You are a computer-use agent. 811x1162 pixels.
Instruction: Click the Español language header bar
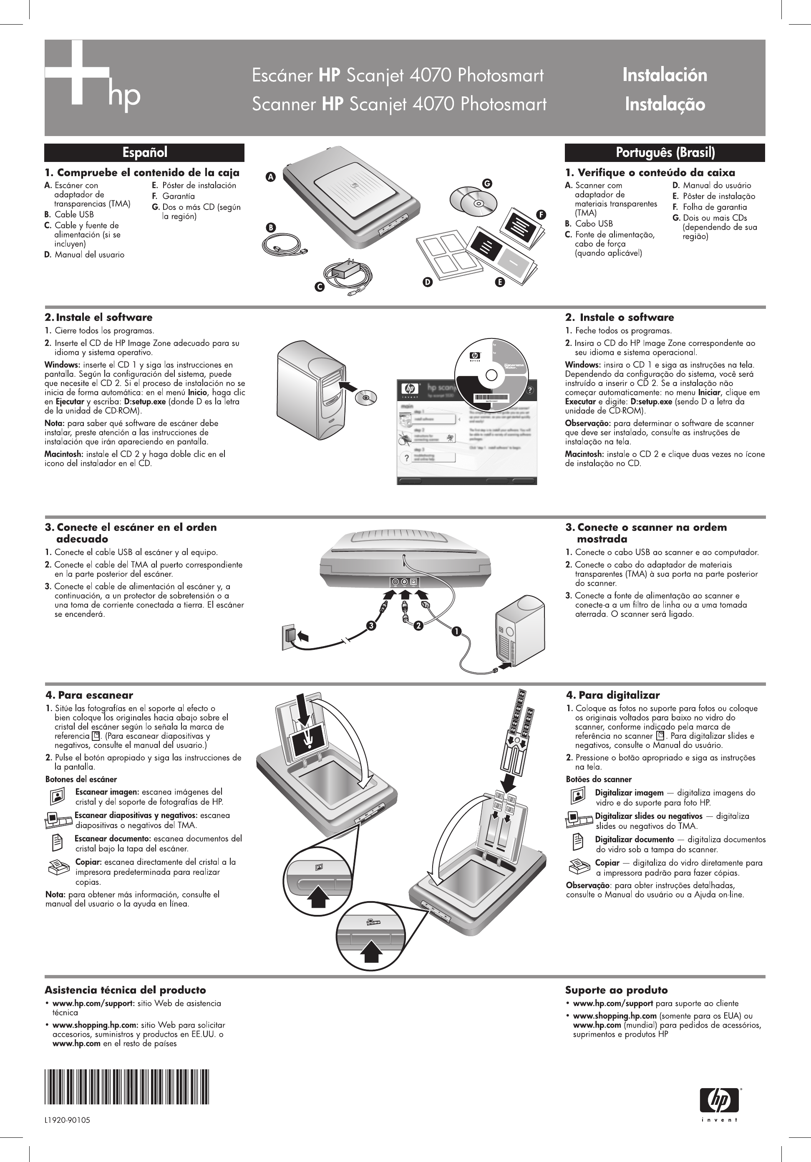(x=144, y=152)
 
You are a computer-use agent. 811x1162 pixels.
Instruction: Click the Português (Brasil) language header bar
(x=665, y=152)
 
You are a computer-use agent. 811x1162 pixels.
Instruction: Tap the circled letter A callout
(x=271, y=177)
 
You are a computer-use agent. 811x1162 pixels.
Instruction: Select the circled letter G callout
(x=487, y=184)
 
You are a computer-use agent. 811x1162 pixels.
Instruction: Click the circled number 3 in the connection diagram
(x=372, y=626)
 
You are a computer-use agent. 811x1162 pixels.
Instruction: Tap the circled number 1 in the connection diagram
(x=456, y=631)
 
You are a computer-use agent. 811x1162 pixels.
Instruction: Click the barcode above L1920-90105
(x=126, y=1086)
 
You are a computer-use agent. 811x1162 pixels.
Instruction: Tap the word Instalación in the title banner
(x=664, y=75)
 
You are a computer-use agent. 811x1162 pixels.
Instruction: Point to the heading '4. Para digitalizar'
(x=613, y=695)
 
